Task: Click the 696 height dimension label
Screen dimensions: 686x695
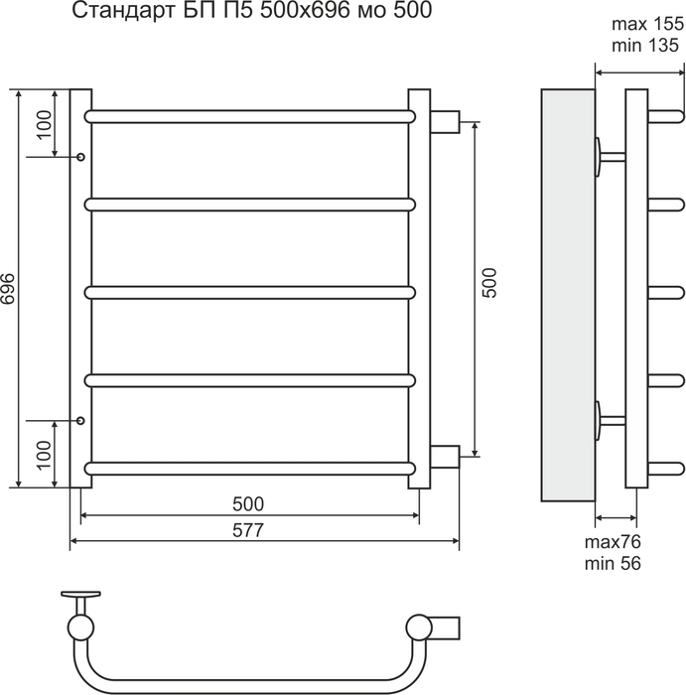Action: (x=8, y=289)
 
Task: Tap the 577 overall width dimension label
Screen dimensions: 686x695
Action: (x=248, y=530)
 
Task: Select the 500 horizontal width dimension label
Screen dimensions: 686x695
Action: (x=248, y=504)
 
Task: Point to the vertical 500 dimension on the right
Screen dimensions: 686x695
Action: (x=489, y=283)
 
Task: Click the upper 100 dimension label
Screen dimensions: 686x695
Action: (x=45, y=124)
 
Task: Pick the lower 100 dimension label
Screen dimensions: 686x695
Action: (x=45, y=455)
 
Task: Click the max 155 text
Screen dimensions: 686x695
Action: (x=648, y=24)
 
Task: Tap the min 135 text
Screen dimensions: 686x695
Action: (x=645, y=46)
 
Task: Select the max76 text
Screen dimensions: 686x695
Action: (x=613, y=542)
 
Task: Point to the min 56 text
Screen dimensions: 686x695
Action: (x=613, y=563)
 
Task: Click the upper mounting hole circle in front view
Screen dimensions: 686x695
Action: (x=80, y=157)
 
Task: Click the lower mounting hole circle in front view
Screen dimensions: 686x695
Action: (x=80, y=420)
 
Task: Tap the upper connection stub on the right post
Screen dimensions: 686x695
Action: (x=445, y=121)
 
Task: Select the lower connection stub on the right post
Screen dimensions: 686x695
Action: (x=445, y=457)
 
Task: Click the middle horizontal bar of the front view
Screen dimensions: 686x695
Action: (x=250, y=293)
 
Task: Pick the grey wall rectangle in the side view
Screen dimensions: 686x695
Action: (x=568, y=295)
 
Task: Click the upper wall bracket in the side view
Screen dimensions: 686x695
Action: (x=610, y=157)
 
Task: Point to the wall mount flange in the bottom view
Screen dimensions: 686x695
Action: (x=81, y=594)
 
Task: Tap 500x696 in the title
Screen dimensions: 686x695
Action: (x=305, y=10)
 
